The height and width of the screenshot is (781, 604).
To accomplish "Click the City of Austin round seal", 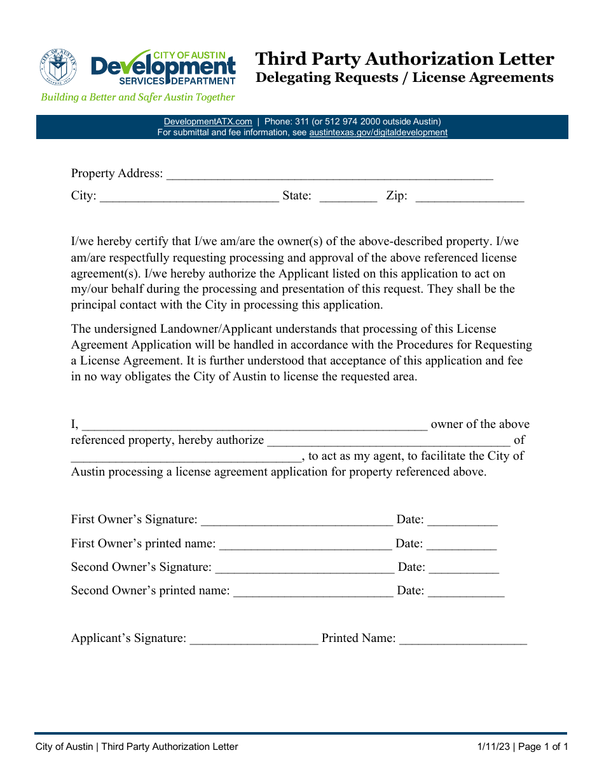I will [x=58, y=68].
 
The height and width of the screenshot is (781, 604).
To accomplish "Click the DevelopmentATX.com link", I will [x=208, y=121].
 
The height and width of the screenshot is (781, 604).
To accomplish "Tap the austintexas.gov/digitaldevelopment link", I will [x=378, y=133].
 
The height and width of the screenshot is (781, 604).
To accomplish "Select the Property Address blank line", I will [x=329, y=175].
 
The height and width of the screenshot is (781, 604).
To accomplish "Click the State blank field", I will [x=348, y=197].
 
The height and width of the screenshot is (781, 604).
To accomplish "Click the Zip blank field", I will [x=469, y=197].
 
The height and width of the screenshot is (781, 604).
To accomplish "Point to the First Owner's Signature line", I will [x=296, y=521].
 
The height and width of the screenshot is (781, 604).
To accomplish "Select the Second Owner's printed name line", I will [x=313, y=592].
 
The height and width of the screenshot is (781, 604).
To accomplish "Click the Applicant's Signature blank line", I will [x=254, y=640].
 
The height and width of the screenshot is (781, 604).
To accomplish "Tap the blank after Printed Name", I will [x=463, y=640].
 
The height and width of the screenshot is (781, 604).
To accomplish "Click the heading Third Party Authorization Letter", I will [x=404, y=59].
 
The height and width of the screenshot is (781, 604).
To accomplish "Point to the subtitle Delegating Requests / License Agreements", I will [x=404, y=77].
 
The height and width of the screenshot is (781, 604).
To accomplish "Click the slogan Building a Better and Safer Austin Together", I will [x=138, y=97].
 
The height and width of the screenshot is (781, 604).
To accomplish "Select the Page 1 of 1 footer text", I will [x=543, y=747].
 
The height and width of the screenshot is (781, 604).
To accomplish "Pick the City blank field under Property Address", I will [x=189, y=197].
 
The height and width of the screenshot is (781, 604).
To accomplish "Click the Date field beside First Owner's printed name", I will [x=462, y=545].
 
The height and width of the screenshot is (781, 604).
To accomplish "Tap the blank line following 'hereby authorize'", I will [x=388, y=442].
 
